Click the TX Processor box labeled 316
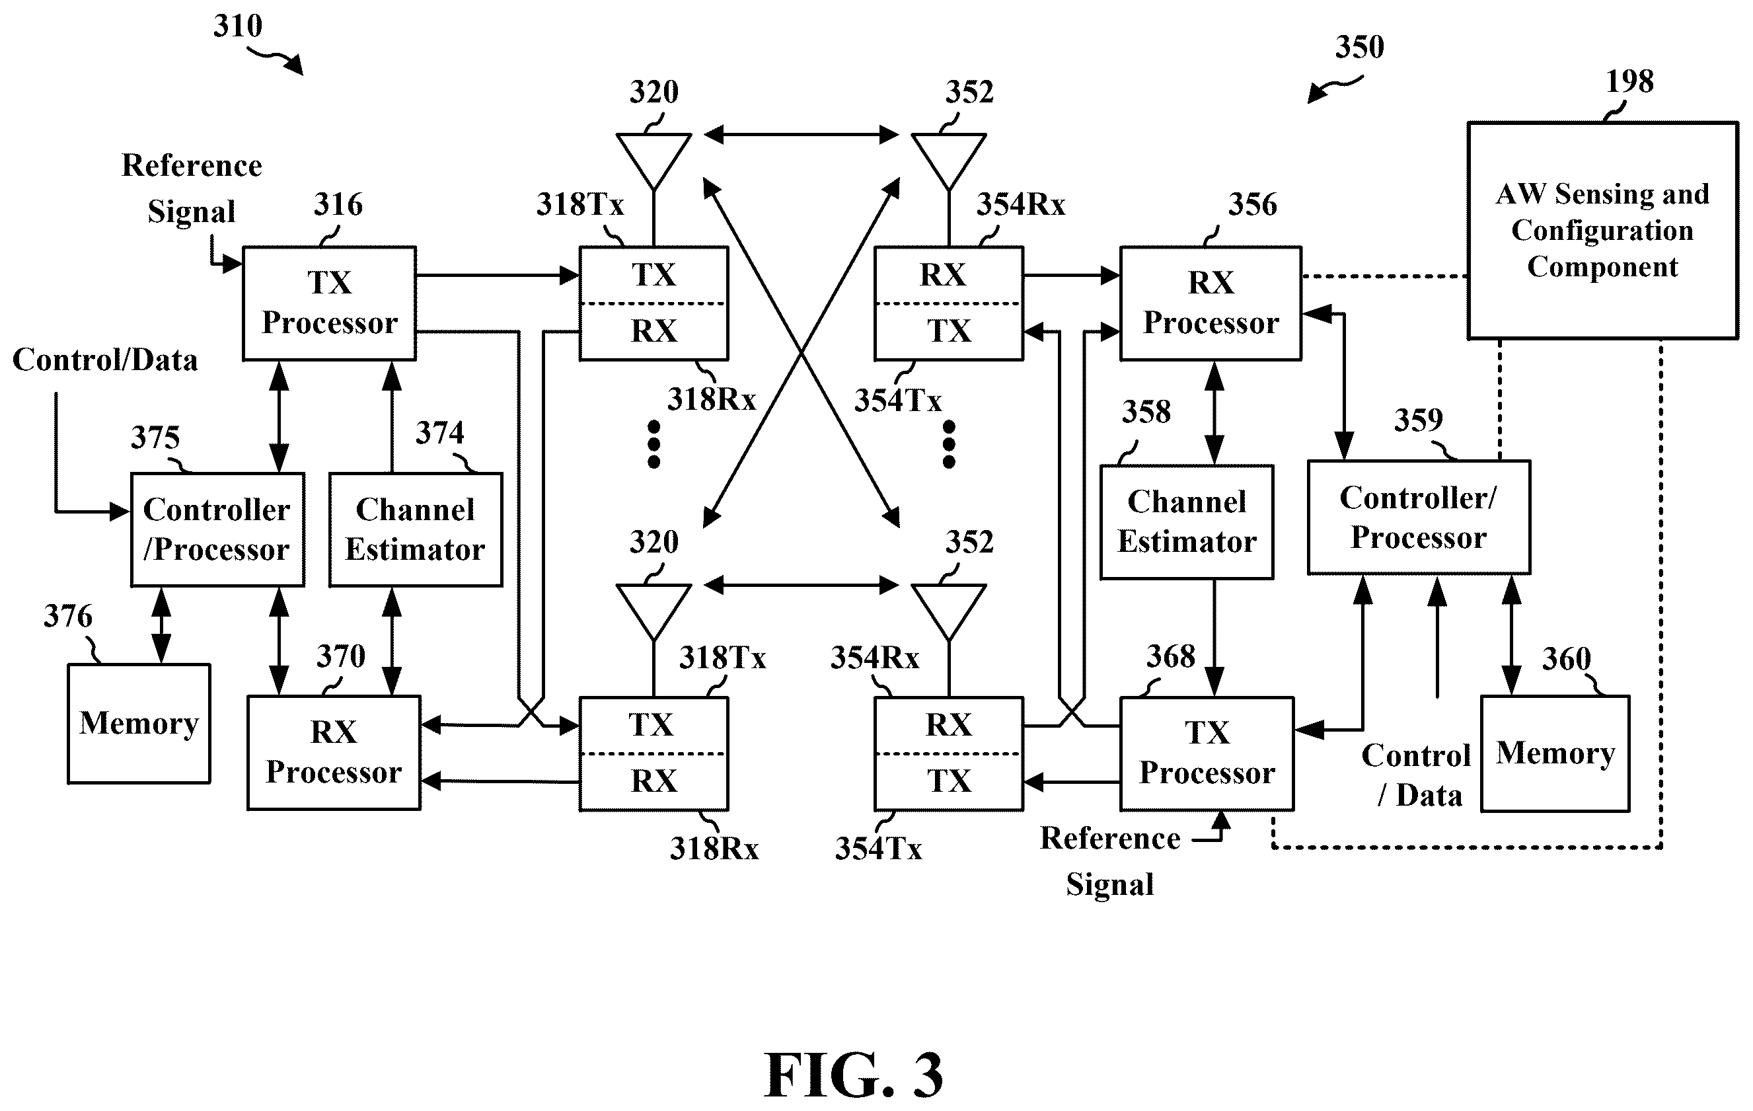click(329, 303)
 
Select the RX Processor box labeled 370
click(334, 753)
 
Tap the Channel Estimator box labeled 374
click(416, 529)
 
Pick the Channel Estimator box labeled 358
click(1187, 522)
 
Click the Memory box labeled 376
click(139, 724)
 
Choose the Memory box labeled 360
click(1555, 753)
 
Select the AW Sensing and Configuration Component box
click(1602, 230)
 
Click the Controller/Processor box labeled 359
click(1419, 517)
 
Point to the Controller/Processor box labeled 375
click(217, 529)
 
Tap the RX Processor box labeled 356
click(1211, 303)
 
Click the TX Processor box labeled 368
click(1207, 753)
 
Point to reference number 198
click(1630, 81)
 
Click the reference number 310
click(237, 26)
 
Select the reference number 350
click(1359, 48)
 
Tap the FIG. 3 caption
click(853, 1075)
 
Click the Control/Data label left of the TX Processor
click(105, 360)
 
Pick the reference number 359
click(1418, 420)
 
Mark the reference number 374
click(439, 433)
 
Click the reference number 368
click(1171, 657)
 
